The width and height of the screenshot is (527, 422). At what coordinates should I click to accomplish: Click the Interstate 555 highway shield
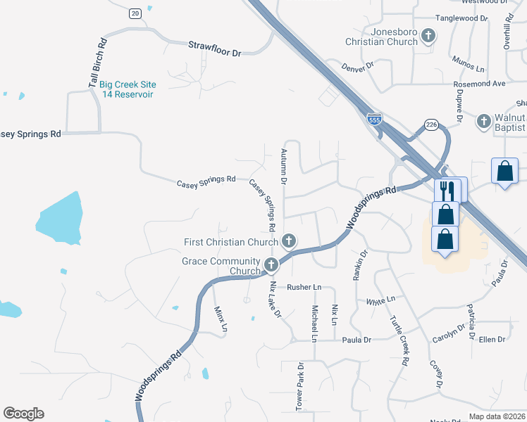tap(374, 120)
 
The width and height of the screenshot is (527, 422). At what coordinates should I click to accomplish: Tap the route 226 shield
tap(432, 125)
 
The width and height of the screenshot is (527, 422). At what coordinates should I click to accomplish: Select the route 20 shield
tap(135, 13)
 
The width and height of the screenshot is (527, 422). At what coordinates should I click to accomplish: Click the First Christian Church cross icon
tap(288, 241)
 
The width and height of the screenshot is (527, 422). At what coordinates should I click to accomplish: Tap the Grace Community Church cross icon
tap(272, 266)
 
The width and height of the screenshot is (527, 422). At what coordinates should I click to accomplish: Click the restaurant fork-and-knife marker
tap(447, 189)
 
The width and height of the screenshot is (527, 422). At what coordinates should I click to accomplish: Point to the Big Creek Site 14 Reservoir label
tap(128, 89)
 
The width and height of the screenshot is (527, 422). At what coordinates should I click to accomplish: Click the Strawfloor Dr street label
tap(215, 49)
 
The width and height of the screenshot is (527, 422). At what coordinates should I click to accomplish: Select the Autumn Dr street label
tap(283, 166)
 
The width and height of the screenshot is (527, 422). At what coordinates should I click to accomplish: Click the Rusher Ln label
tap(304, 287)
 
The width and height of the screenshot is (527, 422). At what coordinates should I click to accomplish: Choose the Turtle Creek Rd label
tap(399, 340)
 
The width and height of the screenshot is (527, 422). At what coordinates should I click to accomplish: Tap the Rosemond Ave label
tap(480, 83)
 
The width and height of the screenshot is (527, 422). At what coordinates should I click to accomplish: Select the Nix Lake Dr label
tap(275, 299)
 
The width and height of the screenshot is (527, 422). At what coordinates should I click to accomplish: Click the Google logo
tap(23, 414)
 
